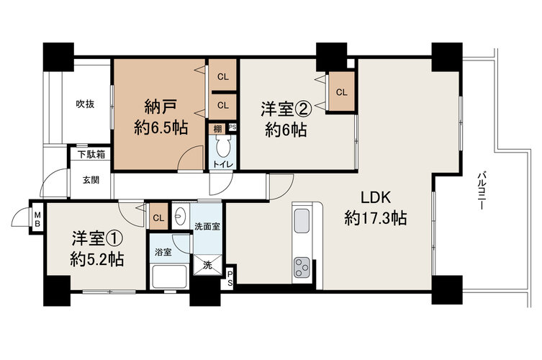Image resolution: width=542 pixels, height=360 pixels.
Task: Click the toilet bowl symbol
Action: [x=222, y=147]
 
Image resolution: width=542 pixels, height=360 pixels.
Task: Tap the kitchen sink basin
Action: [x=302, y=221]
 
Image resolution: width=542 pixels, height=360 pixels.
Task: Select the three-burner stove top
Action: [x=302, y=267]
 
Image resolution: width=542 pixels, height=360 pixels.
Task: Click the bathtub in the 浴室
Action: [x=169, y=276]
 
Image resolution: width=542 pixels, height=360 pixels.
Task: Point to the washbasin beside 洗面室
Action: [x=180, y=216]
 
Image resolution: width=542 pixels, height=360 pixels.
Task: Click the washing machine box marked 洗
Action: [x=207, y=265]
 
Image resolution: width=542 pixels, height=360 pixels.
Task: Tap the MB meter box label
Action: [x=37, y=220]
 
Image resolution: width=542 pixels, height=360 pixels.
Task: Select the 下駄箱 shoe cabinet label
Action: [x=91, y=154]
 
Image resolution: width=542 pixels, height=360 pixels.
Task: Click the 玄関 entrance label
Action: [x=91, y=180]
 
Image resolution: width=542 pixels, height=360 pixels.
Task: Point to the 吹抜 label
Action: [x=85, y=104]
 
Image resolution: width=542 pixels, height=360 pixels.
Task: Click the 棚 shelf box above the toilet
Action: [x=217, y=129]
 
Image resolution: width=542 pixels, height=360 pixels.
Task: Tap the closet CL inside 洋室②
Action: [x=341, y=92]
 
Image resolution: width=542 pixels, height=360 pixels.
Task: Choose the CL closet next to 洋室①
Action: [x=158, y=217]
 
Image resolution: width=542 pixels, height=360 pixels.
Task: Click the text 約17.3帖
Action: [x=376, y=219]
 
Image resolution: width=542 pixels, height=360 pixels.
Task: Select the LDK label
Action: [x=376, y=197]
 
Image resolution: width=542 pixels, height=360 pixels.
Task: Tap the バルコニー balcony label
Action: [x=481, y=191]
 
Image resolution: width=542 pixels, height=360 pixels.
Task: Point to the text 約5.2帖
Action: [x=97, y=258]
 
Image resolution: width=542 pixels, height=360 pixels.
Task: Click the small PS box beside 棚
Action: [x=232, y=127]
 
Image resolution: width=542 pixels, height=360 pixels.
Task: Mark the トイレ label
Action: [x=222, y=164]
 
